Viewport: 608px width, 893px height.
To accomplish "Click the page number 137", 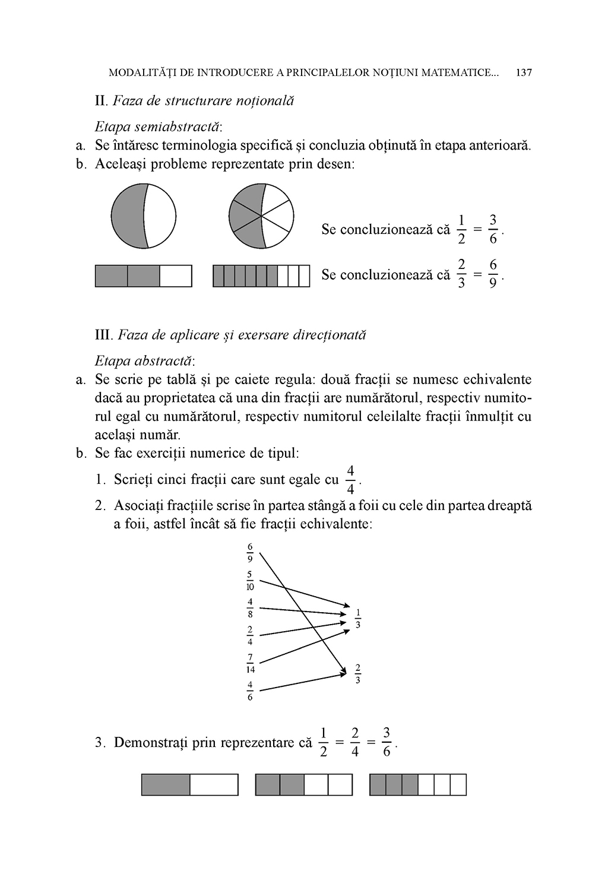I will (x=524, y=73).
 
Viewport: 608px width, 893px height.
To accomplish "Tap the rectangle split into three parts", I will (x=144, y=276).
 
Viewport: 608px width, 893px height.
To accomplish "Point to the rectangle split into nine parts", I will (x=261, y=276).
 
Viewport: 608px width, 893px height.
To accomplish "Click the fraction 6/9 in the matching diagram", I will (x=250, y=552).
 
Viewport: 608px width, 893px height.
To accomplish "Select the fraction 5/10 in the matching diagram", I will (x=250, y=580).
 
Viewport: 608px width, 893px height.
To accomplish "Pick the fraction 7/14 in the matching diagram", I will (x=250, y=663).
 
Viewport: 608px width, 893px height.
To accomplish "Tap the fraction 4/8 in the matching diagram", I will (x=250, y=608).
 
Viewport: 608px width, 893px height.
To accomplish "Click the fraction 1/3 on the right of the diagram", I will (x=358, y=619).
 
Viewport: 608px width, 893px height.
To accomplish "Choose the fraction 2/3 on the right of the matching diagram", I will (x=358, y=674).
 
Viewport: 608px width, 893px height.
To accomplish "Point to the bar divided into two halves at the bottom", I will (x=190, y=784).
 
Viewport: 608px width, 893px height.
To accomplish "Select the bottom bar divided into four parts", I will (x=304, y=784).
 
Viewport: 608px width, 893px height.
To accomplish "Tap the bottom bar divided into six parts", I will (x=418, y=784).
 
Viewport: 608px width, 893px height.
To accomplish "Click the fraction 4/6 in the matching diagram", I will (x=250, y=691).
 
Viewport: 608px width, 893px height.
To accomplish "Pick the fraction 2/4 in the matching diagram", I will (x=250, y=635).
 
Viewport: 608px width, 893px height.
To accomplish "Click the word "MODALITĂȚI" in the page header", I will (x=140, y=73).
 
